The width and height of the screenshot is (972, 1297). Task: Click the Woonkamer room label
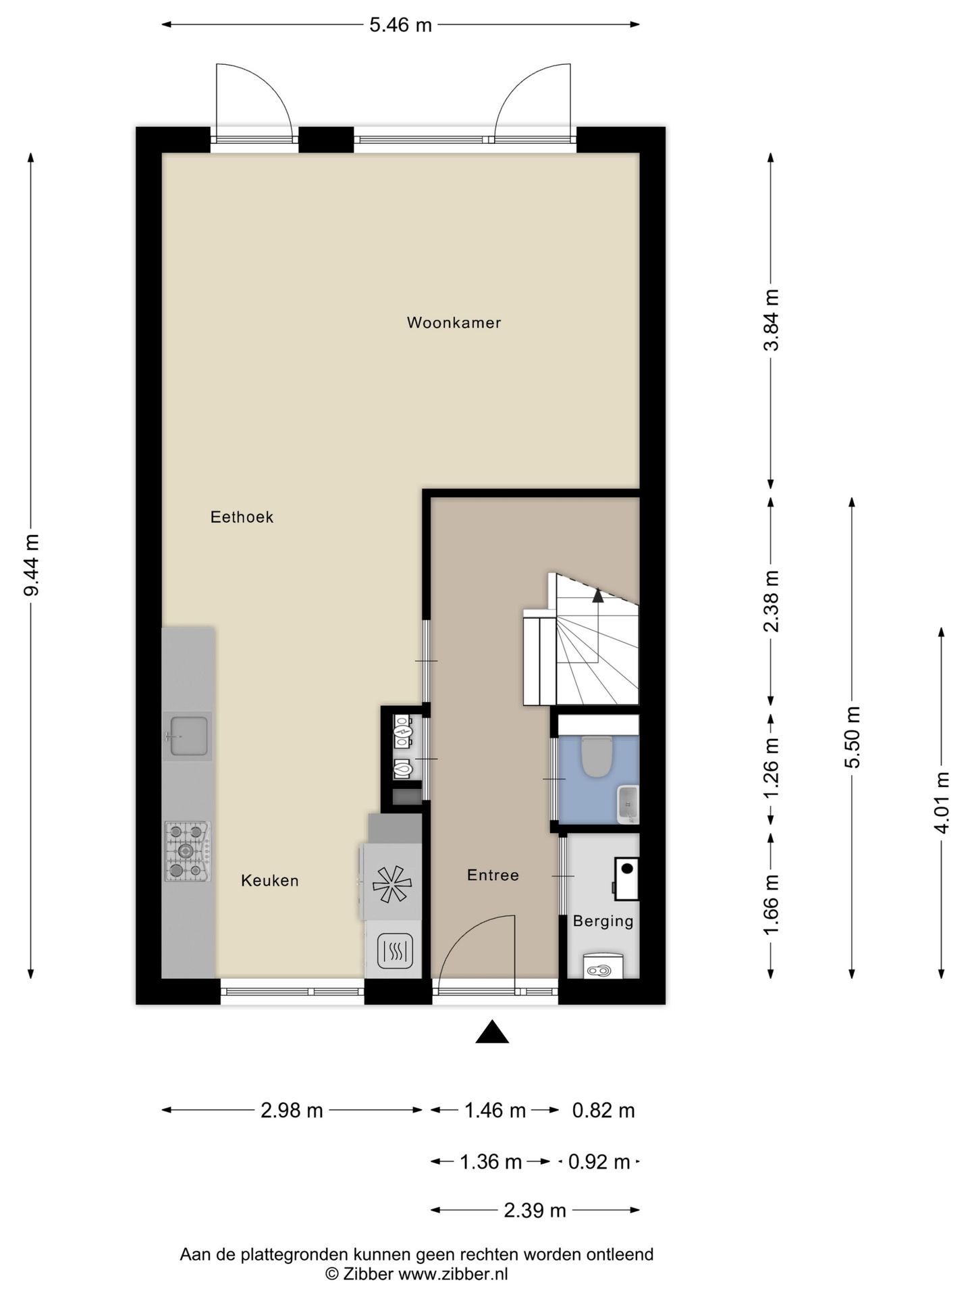point(454,323)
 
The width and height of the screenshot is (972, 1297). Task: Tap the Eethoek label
point(242,517)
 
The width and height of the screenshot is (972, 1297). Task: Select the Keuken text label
point(270,881)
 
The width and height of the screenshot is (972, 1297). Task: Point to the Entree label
point(493,875)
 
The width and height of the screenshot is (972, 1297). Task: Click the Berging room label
point(603,921)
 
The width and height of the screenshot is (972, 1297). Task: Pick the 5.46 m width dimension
point(400,25)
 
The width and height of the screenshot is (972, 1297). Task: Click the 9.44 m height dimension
point(31,565)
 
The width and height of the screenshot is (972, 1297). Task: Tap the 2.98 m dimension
point(292,1111)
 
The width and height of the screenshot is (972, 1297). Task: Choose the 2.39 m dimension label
point(535,1211)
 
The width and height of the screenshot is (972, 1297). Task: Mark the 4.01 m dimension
point(942,803)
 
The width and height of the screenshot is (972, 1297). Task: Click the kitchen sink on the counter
point(188,736)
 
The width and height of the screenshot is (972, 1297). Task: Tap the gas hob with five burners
point(188,852)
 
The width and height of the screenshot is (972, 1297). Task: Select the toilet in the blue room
point(596,756)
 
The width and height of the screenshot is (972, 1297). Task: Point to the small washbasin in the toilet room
point(628,805)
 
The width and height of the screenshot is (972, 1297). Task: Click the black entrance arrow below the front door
point(492,1032)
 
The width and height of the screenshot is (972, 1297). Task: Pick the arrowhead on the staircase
point(597,594)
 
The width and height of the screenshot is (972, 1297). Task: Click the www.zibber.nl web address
point(453,1275)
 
